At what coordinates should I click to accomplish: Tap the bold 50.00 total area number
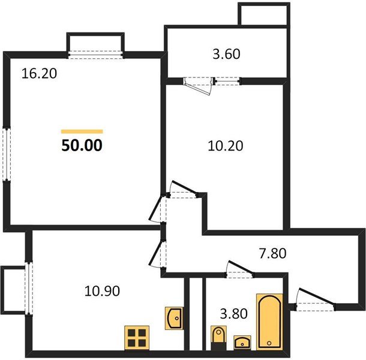point(82,145)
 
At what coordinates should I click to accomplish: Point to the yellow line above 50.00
point(82,131)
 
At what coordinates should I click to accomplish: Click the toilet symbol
point(218,337)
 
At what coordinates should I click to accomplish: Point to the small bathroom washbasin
point(242,343)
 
